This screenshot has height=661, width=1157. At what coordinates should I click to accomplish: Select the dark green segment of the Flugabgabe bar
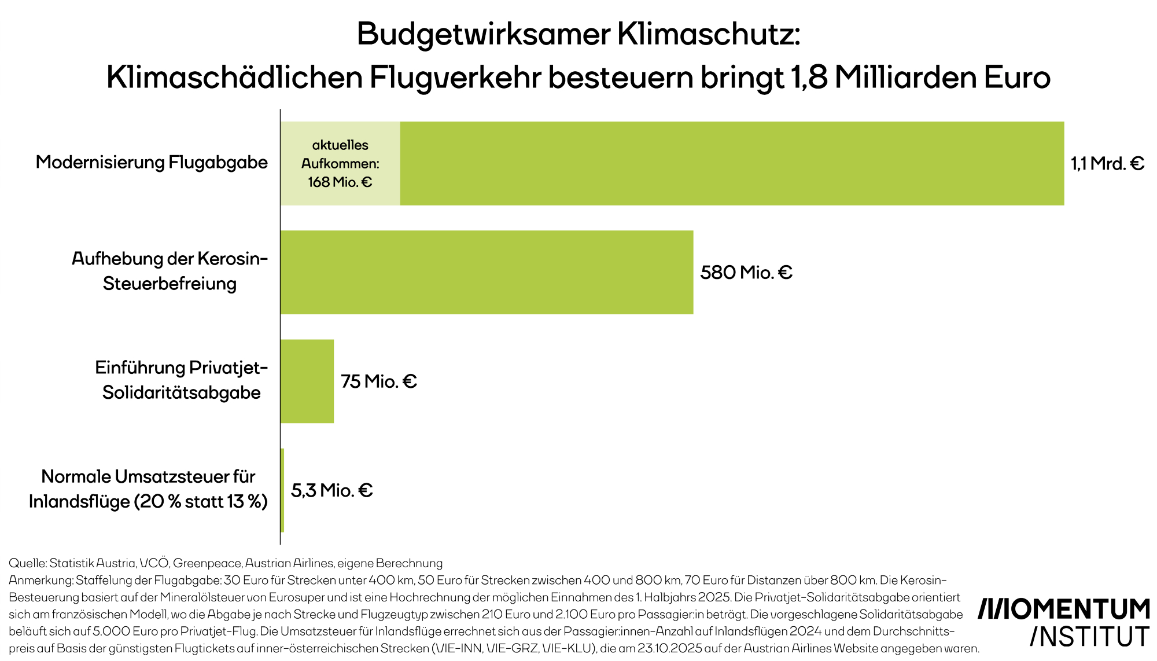click(732, 163)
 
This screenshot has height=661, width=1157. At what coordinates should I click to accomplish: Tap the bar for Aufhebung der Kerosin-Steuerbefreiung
click(487, 272)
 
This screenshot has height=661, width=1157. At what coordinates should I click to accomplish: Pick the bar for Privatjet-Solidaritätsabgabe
click(307, 381)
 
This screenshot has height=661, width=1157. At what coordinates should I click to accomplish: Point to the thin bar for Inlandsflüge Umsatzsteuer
click(282, 490)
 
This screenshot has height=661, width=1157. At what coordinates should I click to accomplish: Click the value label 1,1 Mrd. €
click(1107, 164)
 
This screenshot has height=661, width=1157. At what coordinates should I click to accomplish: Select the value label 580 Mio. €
click(746, 273)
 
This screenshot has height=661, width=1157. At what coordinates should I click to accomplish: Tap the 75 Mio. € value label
click(378, 381)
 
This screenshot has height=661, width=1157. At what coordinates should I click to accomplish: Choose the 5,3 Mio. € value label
click(331, 491)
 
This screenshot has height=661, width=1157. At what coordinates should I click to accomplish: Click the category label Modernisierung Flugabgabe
click(152, 162)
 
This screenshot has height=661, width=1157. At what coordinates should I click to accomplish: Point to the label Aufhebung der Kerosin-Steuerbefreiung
click(170, 271)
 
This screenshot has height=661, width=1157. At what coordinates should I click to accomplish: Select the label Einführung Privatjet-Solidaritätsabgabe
click(181, 380)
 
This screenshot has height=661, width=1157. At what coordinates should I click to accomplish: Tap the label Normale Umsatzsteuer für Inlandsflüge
click(148, 489)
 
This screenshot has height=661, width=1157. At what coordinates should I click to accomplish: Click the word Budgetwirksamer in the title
click(484, 35)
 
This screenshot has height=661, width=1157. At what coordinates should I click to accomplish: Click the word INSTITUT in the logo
click(1090, 637)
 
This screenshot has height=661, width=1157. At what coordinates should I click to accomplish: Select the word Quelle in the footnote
click(27, 563)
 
